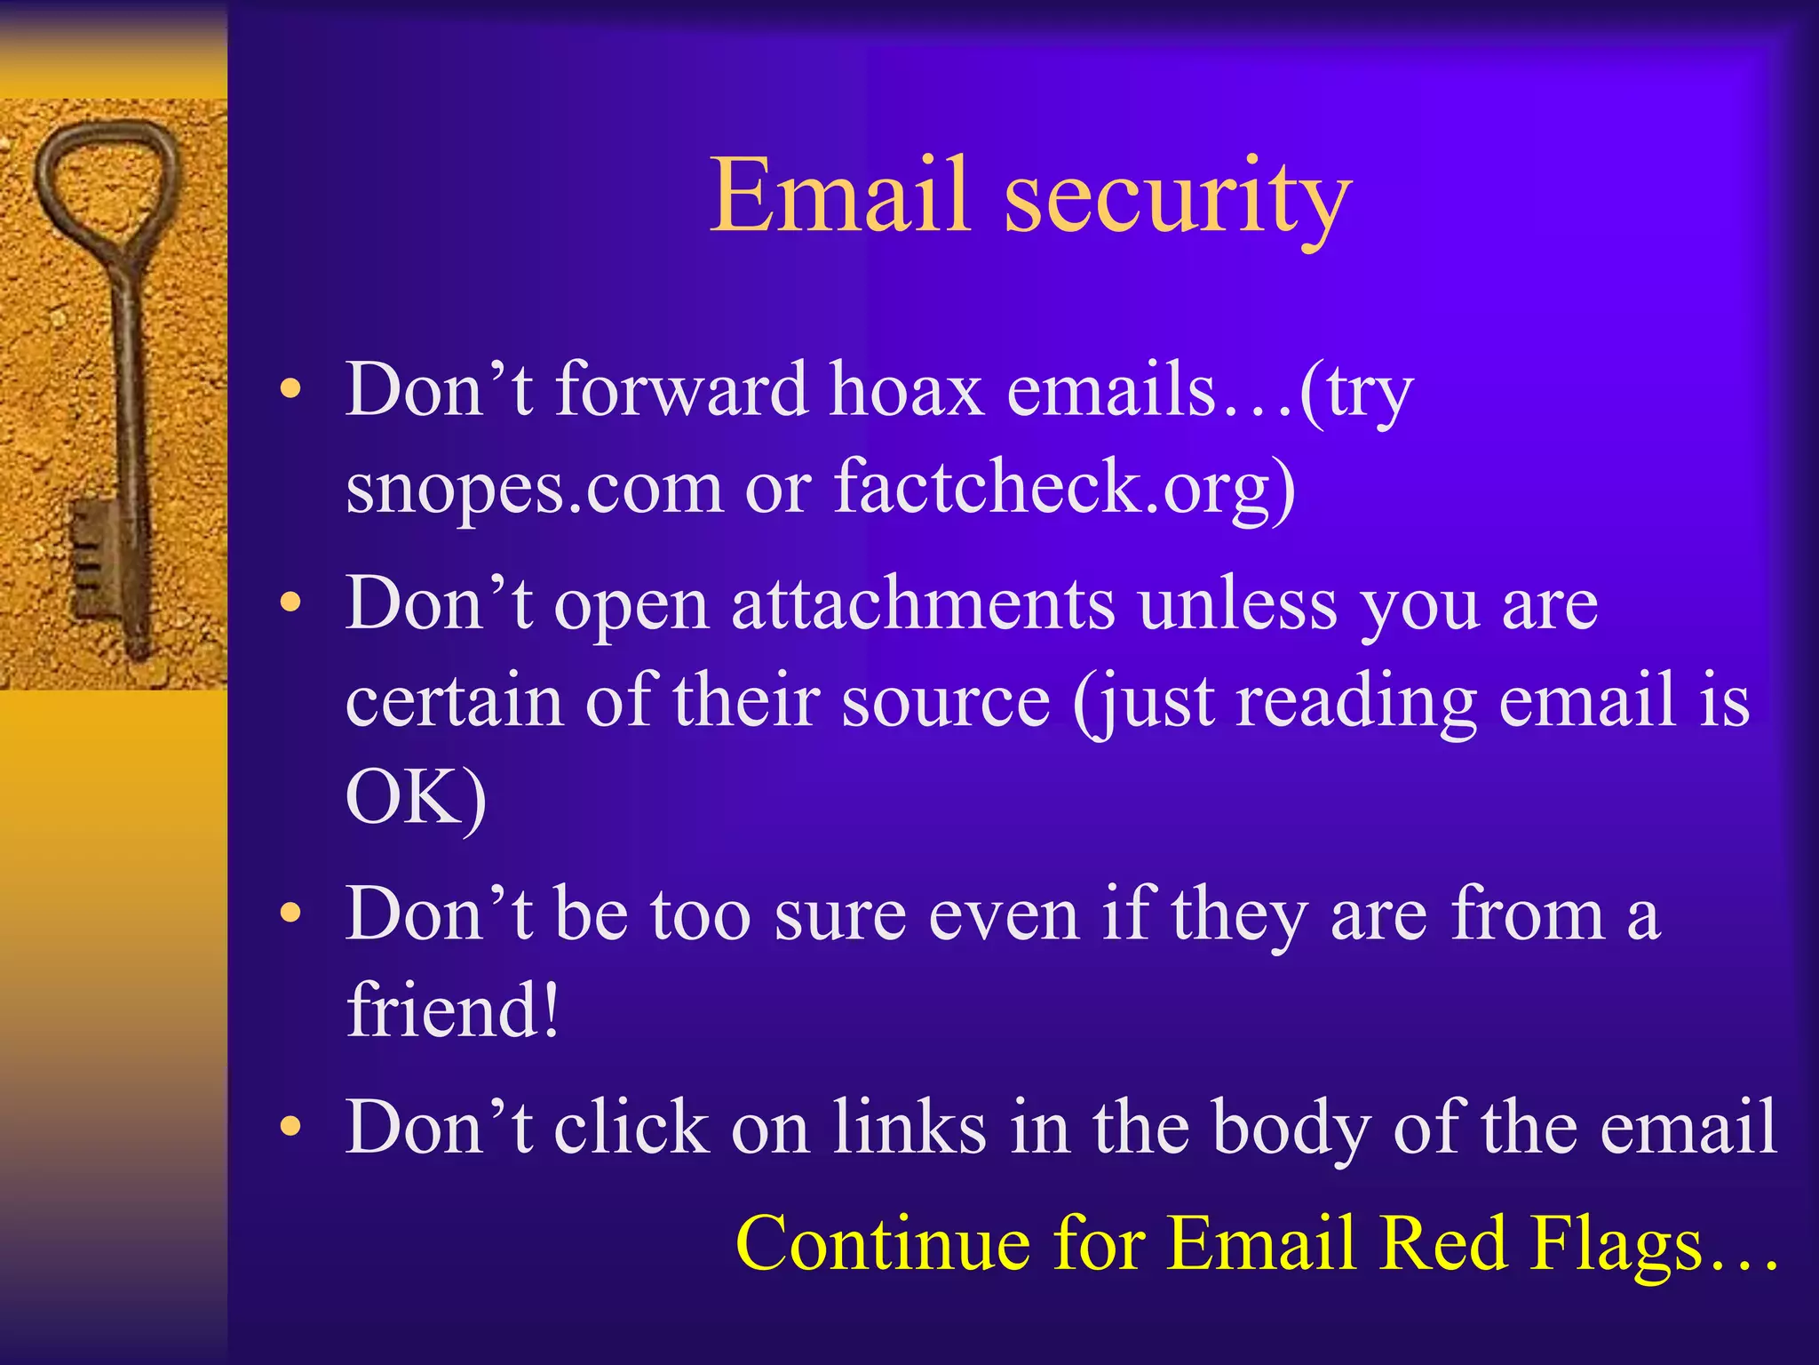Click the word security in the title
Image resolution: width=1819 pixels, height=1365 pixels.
tap(1178, 200)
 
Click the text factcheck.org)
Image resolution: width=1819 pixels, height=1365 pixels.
tap(1064, 489)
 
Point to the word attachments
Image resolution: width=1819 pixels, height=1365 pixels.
tap(923, 604)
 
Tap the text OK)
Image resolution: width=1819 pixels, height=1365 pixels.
tap(416, 797)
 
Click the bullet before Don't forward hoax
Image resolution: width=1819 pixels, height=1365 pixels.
tap(290, 389)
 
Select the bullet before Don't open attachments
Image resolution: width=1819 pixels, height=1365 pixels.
tap(290, 603)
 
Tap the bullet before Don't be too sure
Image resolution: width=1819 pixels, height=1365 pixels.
tap(290, 913)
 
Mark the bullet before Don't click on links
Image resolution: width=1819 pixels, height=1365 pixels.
tap(290, 1126)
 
